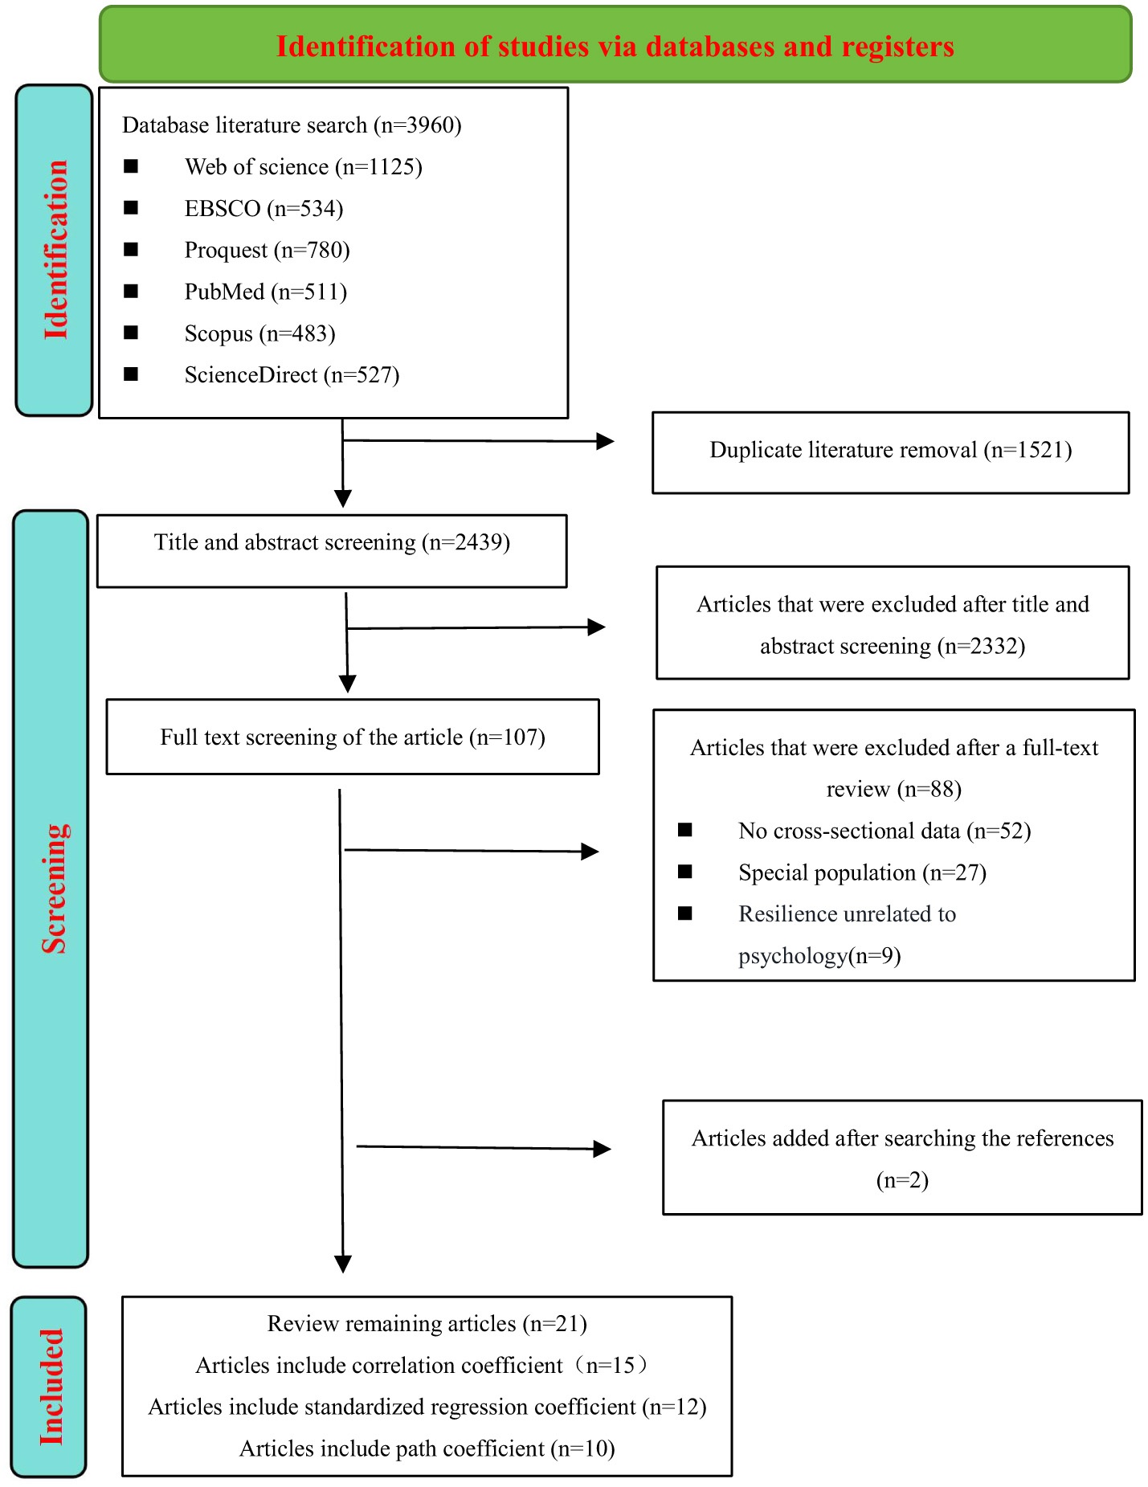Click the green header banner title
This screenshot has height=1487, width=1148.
pos(615,47)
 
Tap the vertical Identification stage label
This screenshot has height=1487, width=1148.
pos(55,250)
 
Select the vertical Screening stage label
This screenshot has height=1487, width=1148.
pos(54,889)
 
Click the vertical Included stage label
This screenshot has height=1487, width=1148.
pos(51,1387)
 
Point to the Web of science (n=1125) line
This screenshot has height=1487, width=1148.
pos(303,167)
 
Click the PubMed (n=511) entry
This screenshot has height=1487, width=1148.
pos(265,292)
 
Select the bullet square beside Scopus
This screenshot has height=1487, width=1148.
pos(132,333)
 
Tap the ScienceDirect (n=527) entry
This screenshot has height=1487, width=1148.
pos(292,375)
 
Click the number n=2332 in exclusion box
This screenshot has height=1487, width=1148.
pos(982,647)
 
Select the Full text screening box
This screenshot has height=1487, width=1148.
pos(352,737)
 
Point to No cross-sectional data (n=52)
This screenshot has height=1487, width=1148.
pos(884,831)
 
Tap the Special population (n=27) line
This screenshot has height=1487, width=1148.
pos(861,873)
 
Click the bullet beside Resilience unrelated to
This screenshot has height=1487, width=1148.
pos(685,913)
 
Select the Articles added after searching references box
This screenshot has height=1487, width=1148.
pos(901,1158)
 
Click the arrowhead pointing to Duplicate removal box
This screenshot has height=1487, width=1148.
pos(605,441)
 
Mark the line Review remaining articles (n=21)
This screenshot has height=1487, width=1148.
pos(427,1324)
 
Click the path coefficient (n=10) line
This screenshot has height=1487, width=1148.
pos(427,1448)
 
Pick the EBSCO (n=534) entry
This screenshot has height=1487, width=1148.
pos(264,209)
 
